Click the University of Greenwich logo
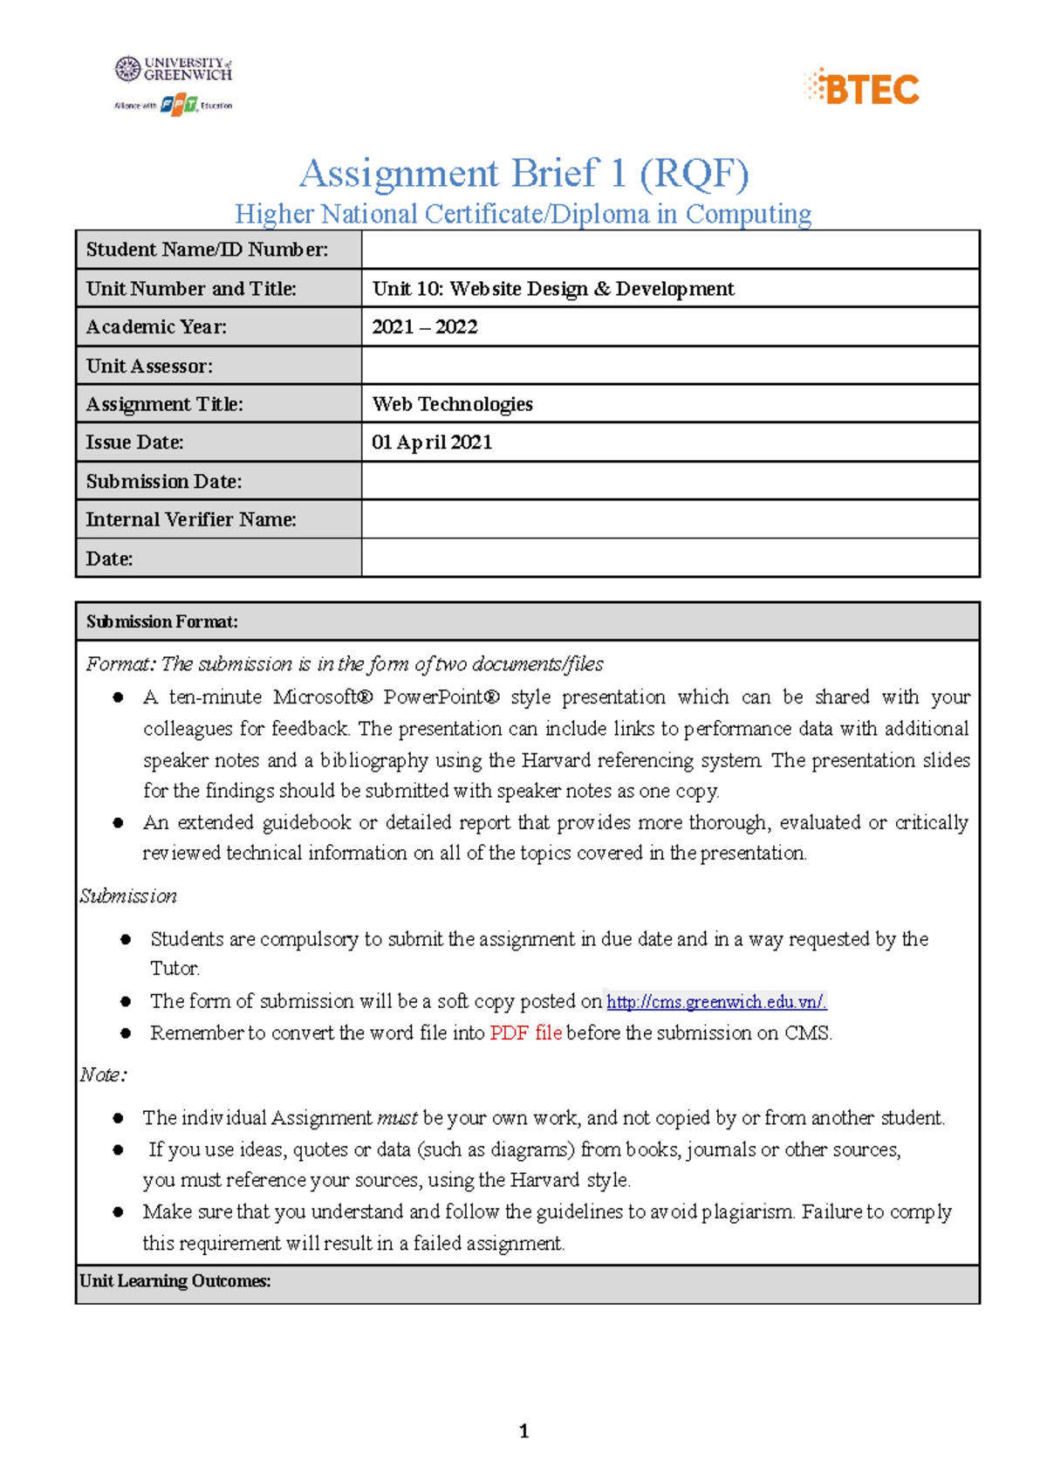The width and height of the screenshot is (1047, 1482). click(x=174, y=69)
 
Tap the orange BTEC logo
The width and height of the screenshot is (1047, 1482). click(x=862, y=88)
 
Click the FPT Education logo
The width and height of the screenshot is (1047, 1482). click(x=179, y=106)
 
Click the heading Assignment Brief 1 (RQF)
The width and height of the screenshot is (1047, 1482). click(x=523, y=173)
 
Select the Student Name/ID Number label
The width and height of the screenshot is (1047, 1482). click(x=207, y=250)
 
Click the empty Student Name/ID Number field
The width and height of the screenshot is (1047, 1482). click(x=670, y=250)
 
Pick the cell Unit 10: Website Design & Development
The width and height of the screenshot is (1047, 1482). click(x=553, y=289)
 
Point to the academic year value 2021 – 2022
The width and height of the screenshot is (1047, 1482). click(x=425, y=327)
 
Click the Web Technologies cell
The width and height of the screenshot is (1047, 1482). click(x=452, y=404)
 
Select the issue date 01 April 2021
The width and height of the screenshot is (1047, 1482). click(x=432, y=443)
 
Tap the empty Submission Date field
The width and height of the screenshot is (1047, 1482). click(x=670, y=481)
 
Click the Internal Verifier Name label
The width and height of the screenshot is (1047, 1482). click(x=191, y=519)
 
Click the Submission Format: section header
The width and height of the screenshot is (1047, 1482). click(x=162, y=621)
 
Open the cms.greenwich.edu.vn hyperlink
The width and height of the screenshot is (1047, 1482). click(x=716, y=1002)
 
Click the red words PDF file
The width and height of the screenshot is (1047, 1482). click(x=525, y=1033)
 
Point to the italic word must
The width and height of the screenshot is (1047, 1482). click(x=397, y=1118)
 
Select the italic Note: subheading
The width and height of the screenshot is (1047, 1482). click(x=103, y=1075)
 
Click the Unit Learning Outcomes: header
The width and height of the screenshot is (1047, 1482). click(x=175, y=1281)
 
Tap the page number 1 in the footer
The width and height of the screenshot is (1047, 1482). click(x=523, y=1431)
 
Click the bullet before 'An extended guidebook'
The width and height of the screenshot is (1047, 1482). click(x=118, y=823)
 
